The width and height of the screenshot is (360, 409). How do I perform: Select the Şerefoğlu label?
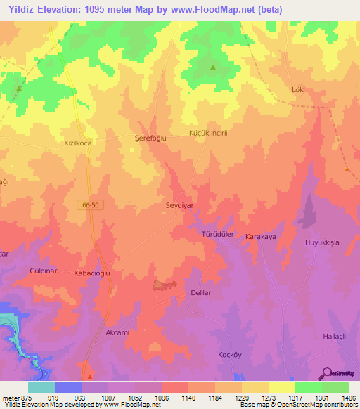[x=150, y=138]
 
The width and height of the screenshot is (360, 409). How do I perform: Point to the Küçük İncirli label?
[x=206, y=134]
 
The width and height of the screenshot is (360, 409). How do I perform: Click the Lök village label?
[x=298, y=90]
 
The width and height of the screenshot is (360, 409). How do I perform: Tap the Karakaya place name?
[x=259, y=238]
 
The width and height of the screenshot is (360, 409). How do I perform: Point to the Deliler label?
[x=201, y=292]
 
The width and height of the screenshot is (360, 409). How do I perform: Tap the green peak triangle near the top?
[x=213, y=67]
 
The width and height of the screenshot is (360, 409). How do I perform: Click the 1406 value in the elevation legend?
[x=349, y=398]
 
